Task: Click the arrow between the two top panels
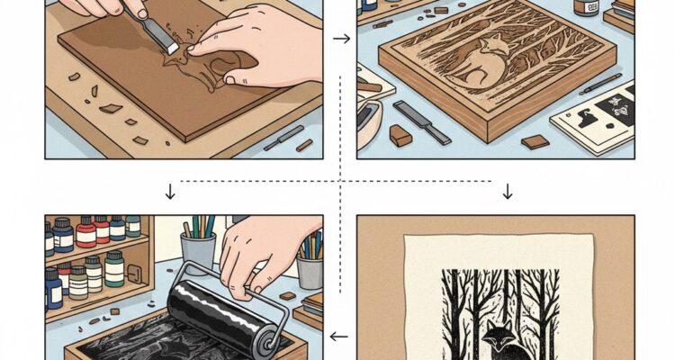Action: click(x=341, y=39)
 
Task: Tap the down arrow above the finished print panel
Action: click(x=507, y=191)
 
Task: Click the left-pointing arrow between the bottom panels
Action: click(x=339, y=337)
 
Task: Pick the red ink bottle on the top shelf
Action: click(x=86, y=231)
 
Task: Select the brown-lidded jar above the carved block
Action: click(x=586, y=8)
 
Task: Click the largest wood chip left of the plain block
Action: click(x=111, y=108)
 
